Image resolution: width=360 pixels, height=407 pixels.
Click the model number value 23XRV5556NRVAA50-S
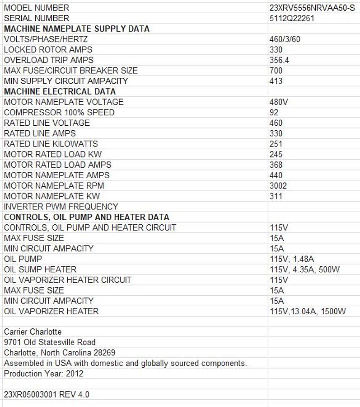pyautogui.click(x=312, y=8)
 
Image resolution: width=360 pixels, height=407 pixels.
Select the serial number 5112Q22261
pyautogui.click(x=292, y=19)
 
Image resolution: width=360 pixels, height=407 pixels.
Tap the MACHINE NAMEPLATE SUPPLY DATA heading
pyautogui.click(x=77, y=29)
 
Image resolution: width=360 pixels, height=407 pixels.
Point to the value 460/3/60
pyautogui.click(x=285, y=39)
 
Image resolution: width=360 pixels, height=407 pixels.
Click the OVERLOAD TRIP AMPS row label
pyautogui.click(x=49, y=60)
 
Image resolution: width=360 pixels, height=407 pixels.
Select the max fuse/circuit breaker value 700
pyautogui.click(x=276, y=71)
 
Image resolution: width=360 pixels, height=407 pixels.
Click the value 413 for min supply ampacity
pyautogui.click(x=276, y=81)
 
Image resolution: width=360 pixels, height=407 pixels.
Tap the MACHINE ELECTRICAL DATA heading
pyautogui.click(x=60, y=91)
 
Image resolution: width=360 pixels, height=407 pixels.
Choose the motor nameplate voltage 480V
pyautogui.click(x=278, y=102)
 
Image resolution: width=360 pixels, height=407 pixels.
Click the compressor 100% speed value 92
pyautogui.click(x=274, y=112)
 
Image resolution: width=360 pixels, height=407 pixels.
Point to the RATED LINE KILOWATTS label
pyautogui.click(x=51, y=144)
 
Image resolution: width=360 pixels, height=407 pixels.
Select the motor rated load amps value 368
pyautogui.click(x=276, y=165)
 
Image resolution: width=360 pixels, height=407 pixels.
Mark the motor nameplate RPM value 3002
pyautogui.click(x=278, y=185)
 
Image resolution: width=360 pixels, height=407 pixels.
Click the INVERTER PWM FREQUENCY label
pyautogui.click(x=61, y=207)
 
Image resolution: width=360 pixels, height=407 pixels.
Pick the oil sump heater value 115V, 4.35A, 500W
pyautogui.click(x=304, y=270)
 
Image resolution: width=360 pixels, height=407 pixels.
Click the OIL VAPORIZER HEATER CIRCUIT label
pyautogui.click(x=68, y=280)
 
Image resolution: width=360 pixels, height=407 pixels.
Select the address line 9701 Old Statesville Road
pyautogui.click(x=50, y=342)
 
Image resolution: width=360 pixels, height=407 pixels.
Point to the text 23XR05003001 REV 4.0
pyautogui.click(x=47, y=394)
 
